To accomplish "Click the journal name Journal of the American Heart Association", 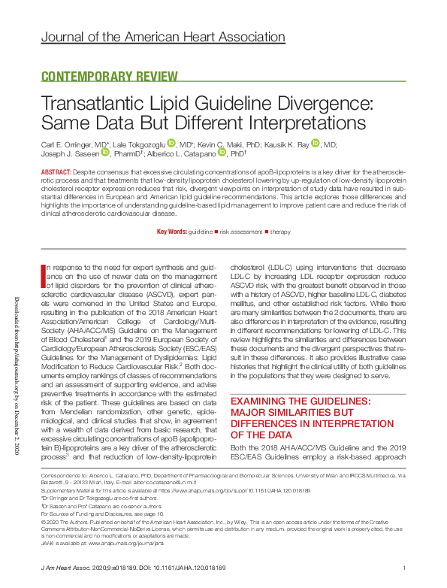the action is pos(174,37).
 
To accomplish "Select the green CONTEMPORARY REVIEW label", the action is pos(104,77).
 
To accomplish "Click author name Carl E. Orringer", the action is pos(74,143).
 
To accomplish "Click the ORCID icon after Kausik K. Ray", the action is pos(316,143).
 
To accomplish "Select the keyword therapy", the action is pos(280,232).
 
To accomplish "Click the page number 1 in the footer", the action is pos(404,567).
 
